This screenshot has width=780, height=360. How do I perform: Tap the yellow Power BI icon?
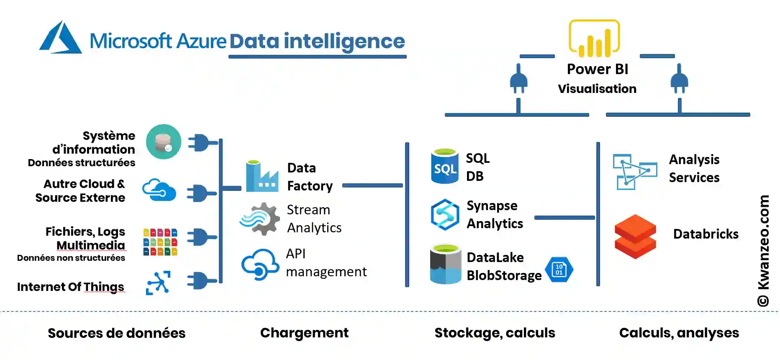(594, 39)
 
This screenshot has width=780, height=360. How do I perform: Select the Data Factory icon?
(262, 176)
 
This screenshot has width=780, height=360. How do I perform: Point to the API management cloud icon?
(260, 264)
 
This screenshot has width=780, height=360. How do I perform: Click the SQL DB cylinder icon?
(445, 167)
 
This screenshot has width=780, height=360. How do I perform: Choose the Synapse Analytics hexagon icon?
(445, 214)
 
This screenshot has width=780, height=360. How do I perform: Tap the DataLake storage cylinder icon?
(446, 265)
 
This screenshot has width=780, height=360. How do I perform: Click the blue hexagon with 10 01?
(559, 270)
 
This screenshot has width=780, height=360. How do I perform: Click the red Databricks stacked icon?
(635, 236)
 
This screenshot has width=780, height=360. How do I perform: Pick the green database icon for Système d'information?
(164, 141)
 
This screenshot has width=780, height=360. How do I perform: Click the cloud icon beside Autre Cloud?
(159, 190)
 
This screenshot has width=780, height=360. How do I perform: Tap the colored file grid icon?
(160, 242)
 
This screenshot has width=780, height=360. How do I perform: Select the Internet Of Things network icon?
(158, 283)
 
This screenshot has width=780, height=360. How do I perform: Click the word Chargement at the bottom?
(304, 333)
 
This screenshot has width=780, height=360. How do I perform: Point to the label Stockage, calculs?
(495, 333)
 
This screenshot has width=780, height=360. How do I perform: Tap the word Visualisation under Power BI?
(597, 89)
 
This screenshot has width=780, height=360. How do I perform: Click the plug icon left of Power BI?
(518, 79)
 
